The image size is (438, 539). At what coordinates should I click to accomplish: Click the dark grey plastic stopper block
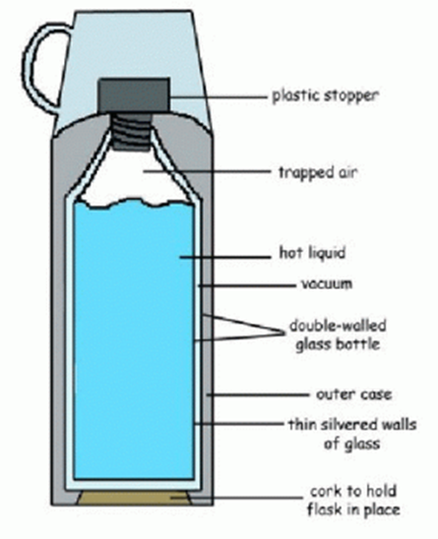pos(135,94)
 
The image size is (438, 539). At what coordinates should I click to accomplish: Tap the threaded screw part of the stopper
pos(132,131)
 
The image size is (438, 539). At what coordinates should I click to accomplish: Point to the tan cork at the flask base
pos(134,498)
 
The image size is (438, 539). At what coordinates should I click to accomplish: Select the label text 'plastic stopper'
pos(325,95)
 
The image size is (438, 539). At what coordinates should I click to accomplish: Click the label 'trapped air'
pos(318,172)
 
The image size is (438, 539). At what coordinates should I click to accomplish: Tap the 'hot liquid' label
pos(312,253)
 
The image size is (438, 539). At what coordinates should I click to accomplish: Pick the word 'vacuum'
pos(327,284)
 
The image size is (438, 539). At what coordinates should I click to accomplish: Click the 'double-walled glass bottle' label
pos(338,334)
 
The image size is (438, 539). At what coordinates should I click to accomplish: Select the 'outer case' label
pos(353,394)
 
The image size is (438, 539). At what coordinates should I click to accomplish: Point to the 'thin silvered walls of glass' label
pos(352,434)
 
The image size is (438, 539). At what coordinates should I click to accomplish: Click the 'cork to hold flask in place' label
pos(353,501)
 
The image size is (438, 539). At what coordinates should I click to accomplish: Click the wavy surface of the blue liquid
pos(134,203)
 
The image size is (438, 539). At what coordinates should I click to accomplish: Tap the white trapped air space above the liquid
pos(134,175)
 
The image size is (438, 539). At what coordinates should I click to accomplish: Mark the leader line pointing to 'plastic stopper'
pos(219,97)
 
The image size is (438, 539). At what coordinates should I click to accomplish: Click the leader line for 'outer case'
pos(257,395)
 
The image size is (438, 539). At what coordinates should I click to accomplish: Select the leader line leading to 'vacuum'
pos(247,285)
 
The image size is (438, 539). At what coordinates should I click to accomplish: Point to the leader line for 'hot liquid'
pos(225,257)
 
